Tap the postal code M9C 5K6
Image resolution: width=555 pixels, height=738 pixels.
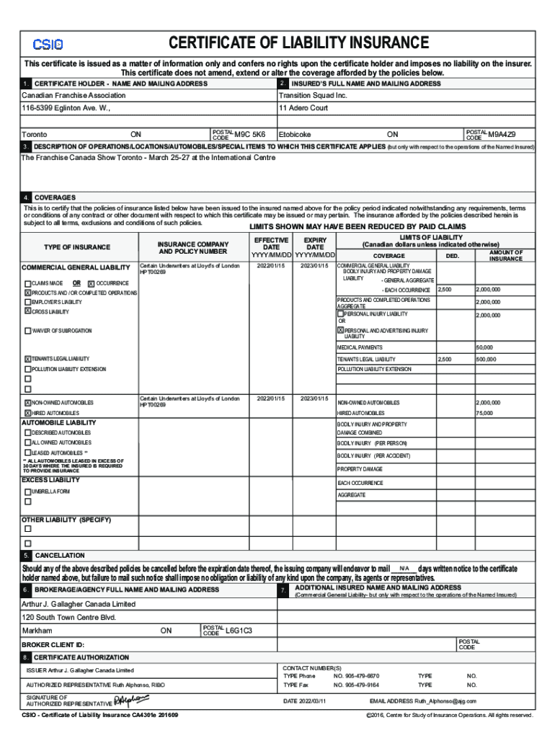tap(250, 134)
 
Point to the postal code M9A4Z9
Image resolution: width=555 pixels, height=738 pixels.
tap(502, 134)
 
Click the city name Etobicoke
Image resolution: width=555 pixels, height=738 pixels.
tap(295, 135)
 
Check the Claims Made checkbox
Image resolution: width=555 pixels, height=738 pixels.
tap(27, 283)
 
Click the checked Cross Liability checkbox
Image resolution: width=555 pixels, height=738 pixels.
tap(27, 311)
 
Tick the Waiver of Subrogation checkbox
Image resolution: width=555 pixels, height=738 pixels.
tap(27, 331)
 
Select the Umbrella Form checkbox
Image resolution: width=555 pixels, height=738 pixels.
tap(27, 492)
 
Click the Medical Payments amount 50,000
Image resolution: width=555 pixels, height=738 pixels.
tap(484, 347)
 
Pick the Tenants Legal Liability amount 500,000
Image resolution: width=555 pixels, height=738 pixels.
tap(485, 359)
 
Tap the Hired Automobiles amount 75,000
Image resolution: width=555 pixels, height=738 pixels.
tap(484, 413)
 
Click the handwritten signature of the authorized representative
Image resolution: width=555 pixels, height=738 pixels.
tap(131, 700)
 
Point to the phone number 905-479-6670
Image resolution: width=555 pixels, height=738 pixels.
tap(356, 676)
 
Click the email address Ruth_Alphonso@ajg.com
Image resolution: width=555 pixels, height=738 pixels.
tap(445, 701)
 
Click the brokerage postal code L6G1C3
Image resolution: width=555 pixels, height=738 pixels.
tap(239, 631)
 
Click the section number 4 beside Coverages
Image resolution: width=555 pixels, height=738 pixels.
tap(26, 197)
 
